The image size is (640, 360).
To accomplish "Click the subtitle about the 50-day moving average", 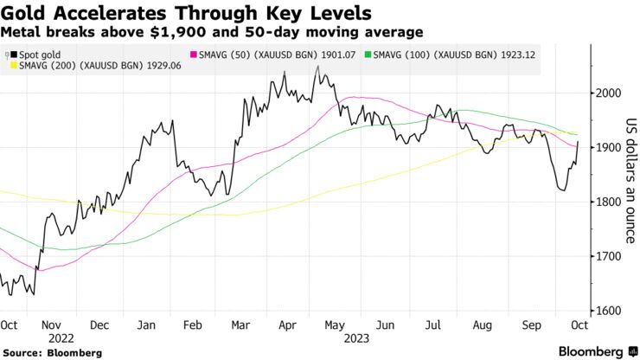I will coord(212,32).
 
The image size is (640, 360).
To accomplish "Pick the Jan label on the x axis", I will coord(146,325).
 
